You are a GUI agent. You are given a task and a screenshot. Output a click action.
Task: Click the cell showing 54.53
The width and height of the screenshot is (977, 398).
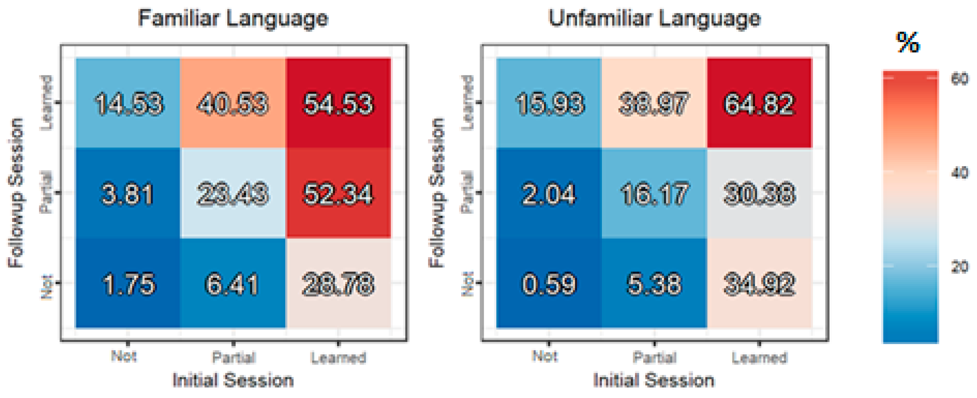point(338,104)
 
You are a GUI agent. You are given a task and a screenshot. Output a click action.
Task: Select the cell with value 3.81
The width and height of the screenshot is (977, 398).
point(128,194)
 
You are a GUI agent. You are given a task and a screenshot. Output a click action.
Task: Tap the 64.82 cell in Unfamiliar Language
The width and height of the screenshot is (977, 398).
point(759,104)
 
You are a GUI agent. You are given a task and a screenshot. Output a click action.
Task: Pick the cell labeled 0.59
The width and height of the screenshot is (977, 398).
point(549,284)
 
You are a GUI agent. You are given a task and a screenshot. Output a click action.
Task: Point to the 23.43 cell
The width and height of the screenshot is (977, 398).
point(233,194)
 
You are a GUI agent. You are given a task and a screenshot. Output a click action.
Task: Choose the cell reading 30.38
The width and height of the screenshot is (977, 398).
point(759,194)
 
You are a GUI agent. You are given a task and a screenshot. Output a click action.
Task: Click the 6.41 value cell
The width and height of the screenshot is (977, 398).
point(233,284)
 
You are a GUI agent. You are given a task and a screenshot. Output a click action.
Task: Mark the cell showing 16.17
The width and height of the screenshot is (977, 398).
point(654,194)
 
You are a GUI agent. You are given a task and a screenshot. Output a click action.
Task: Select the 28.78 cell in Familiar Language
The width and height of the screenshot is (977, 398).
point(338,284)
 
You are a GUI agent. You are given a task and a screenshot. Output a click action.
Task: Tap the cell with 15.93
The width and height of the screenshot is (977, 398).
point(549,104)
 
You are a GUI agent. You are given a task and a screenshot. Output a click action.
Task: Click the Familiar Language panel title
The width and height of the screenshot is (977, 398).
point(233,18)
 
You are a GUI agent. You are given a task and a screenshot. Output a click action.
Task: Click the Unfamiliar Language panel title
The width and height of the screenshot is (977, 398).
point(655,18)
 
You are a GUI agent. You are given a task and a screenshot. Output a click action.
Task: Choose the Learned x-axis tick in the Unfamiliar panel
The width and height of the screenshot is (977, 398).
point(759,357)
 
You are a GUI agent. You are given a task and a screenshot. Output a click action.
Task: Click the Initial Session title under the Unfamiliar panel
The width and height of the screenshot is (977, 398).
point(654,380)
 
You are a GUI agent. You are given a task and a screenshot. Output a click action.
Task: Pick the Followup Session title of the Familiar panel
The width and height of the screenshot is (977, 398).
point(16,193)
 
